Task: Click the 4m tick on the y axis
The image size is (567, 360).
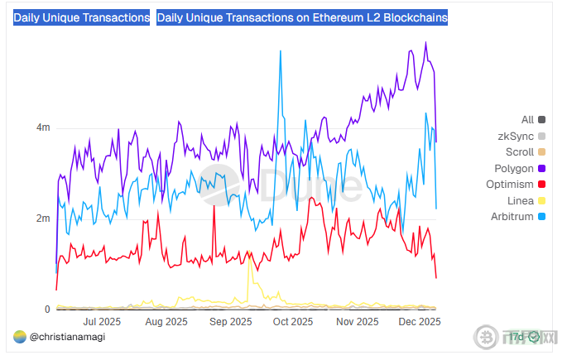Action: [x=41, y=127]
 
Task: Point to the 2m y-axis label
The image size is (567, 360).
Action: [x=41, y=218]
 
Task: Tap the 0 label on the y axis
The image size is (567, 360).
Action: [x=46, y=310]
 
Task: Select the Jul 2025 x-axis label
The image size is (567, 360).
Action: [x=103, y=321]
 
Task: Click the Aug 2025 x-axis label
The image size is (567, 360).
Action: [x=166, y=321]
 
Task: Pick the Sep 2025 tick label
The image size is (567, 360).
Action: [x=230, y=321]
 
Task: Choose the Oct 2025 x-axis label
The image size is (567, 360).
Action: [x=292, y=321]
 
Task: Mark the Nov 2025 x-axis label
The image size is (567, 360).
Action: [x=357, y=321]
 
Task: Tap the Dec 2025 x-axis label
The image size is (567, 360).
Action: [x=419, y=321]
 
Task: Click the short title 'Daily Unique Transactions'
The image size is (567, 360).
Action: [x=81, y=17]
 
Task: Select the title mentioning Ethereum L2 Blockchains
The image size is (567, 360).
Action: [x=301, y=17]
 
